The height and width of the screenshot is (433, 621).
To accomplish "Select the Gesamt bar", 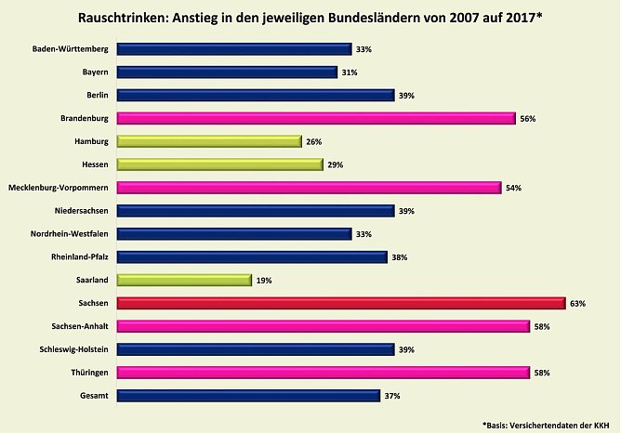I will (x=248, y=395).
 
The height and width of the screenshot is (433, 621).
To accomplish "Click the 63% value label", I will (x=576, y=304).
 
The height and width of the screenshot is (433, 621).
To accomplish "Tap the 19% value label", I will (x=263, y=280).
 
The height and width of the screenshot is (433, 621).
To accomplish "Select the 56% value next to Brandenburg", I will (x=527, y=119).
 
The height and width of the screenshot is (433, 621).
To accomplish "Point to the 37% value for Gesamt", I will (x=391, y=396).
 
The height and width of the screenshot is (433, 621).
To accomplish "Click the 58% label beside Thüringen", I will (x=541, y=373).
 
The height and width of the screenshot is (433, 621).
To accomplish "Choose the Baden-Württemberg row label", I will (x=71, y=49).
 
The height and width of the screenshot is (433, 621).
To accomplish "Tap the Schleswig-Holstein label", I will (x=73, y=349).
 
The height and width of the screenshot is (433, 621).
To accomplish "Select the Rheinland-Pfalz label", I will (x=81, y=256).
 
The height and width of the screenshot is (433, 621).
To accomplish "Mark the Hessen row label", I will (x=94, y=164).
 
